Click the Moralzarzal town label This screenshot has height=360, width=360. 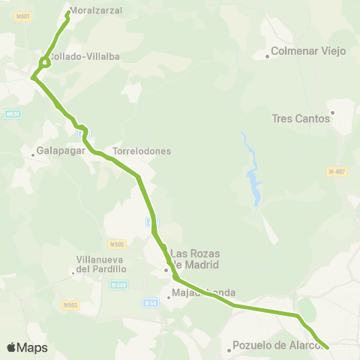coord(96,10)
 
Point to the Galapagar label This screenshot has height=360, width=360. coord(58,151)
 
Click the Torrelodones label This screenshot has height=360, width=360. coord(142,151)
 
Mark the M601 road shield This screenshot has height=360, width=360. coord(25,16)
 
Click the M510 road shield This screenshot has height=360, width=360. coord(12,114)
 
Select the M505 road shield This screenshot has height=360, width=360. coord(115,244)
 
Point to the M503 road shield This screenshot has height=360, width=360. coord(70,304)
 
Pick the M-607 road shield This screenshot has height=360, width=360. coord(337,172)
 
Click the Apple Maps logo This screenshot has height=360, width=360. coord(27,347)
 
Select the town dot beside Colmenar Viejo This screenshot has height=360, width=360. coord(267,56)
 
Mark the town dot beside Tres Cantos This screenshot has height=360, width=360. coord(332,113)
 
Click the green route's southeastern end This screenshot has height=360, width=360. coord(328,347)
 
